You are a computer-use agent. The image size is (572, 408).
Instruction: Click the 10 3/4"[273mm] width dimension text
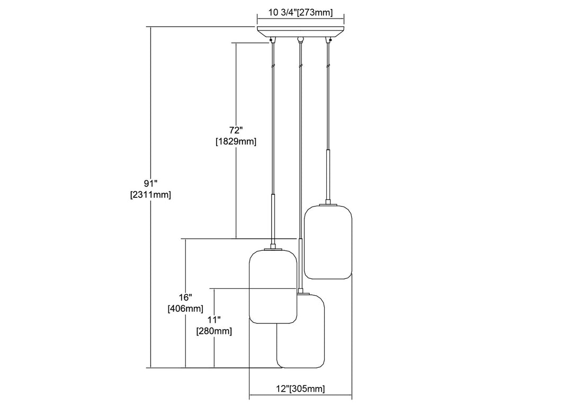coord(300,14)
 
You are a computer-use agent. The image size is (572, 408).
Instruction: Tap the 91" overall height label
coord(150,183)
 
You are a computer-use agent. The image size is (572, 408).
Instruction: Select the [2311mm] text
coord(150,195)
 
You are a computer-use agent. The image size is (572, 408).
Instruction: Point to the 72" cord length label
coord(236,130)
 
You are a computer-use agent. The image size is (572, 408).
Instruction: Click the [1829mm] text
coord(236,141)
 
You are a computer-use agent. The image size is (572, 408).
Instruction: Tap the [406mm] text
coord(185,309)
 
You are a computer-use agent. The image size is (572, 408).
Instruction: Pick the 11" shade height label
coord(214,319)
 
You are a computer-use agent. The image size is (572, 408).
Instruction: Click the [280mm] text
coord(214,331)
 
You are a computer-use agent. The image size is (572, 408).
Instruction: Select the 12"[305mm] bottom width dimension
coord(300,389)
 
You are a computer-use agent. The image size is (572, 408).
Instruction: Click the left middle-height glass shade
coord(272,286)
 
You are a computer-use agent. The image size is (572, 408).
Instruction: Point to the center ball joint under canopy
coord(300,39)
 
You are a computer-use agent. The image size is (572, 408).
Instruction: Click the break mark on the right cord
coord(328,65)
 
